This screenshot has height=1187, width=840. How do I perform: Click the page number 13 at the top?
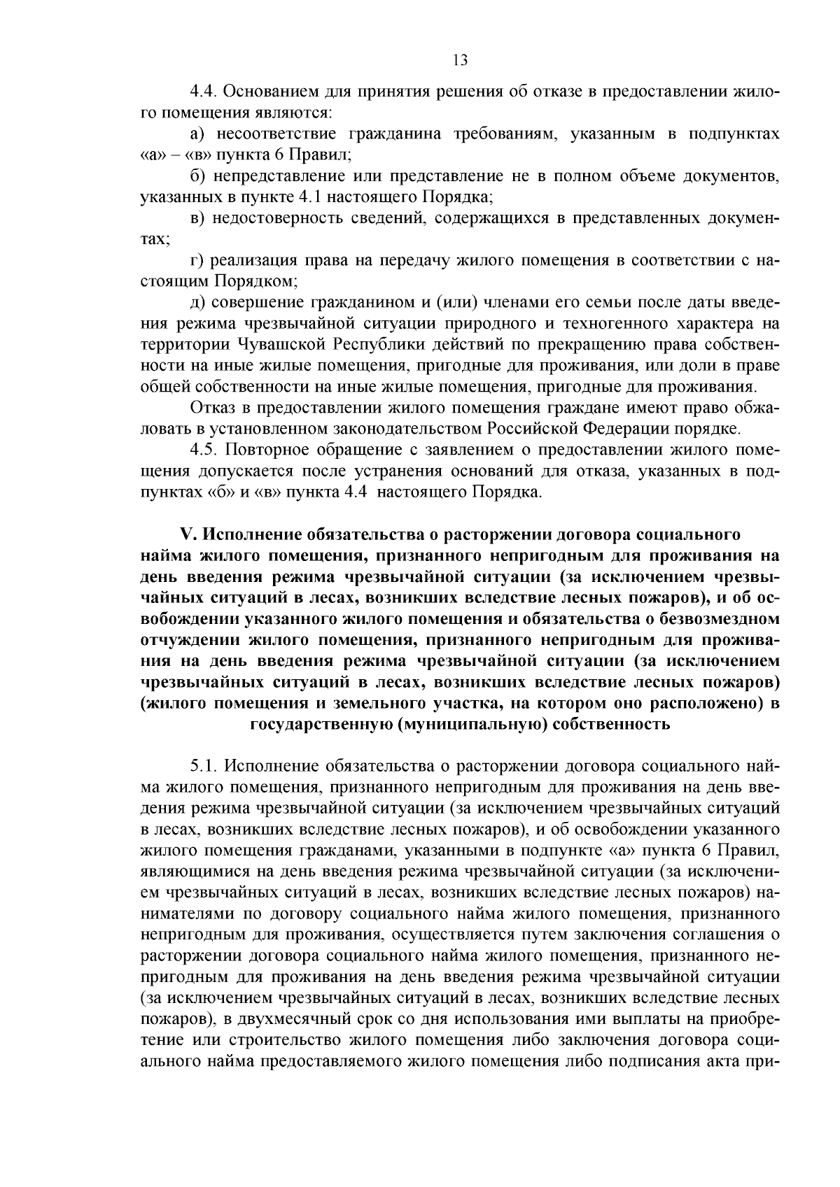[460, 59]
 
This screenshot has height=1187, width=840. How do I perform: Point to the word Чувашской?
[281, 344]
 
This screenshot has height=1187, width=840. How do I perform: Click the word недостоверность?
[284, 218]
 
